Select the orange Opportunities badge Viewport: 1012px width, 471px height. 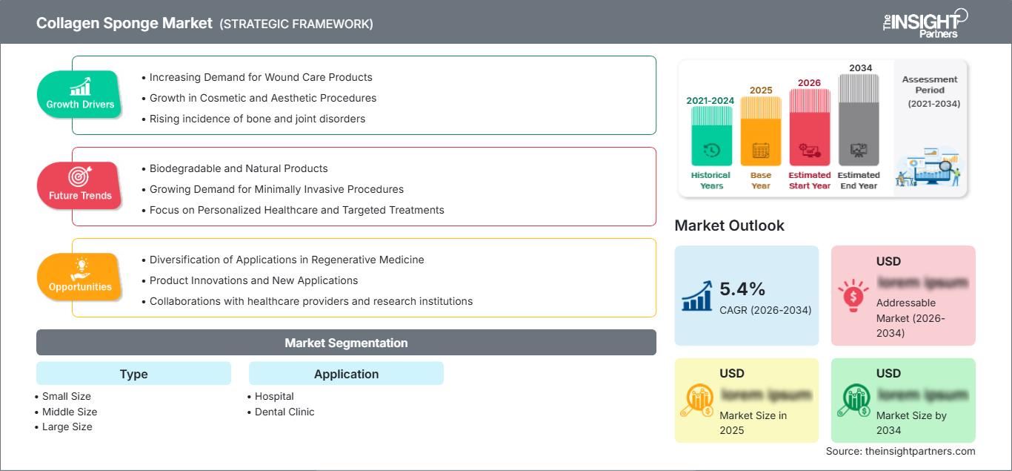point(80,277)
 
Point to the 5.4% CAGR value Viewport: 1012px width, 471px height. point(742,289)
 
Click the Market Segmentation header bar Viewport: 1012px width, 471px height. point(346,343)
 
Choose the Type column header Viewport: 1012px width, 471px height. point(133,374)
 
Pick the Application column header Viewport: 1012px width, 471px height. point(346,374)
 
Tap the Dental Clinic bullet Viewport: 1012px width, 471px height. point(284,412)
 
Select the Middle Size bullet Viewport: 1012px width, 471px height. point(70,412)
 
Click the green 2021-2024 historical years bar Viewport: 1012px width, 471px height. point(711,135)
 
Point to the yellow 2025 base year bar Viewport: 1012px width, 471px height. point(761,131)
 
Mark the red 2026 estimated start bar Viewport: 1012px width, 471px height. point(809,127)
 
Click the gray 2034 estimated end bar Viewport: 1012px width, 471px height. point(859,119)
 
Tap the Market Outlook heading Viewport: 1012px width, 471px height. point(729,225)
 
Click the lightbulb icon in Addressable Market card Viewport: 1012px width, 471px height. point(852,295)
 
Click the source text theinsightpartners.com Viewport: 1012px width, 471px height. point(900,451)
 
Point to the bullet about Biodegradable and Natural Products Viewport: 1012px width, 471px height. point(239,168)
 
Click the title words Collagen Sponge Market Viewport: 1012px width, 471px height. point(124,24)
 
